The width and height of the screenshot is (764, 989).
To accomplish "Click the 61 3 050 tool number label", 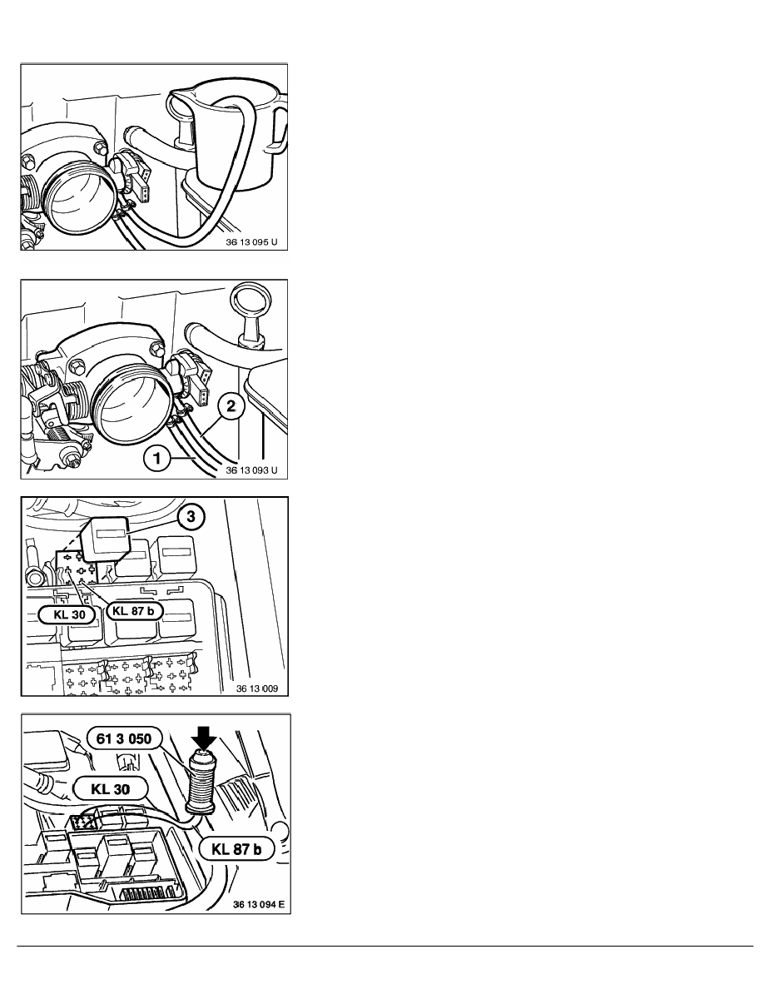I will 124,737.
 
